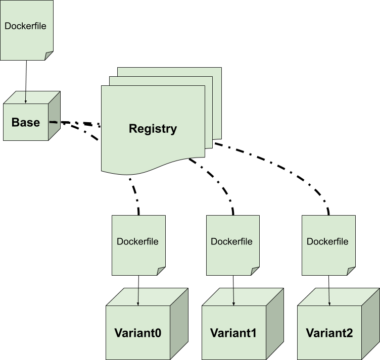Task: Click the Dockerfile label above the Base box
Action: coord(25,26)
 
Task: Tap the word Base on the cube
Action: coord(26,123)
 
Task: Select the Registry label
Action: coord(153,129)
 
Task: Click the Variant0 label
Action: coord(138,333)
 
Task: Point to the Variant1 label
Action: coord(233,333)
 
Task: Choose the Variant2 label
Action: coord(329,333)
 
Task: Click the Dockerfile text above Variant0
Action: coord(137,241)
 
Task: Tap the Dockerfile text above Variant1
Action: coord(231,241)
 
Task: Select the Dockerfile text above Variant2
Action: coord(327,241)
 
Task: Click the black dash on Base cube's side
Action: coord(53,122)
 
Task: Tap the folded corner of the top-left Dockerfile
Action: coord(49,56)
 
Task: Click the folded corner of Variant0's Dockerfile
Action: coord(161,271)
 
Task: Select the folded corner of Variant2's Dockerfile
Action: coord(351,271)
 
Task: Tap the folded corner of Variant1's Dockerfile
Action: coord(255,271)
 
